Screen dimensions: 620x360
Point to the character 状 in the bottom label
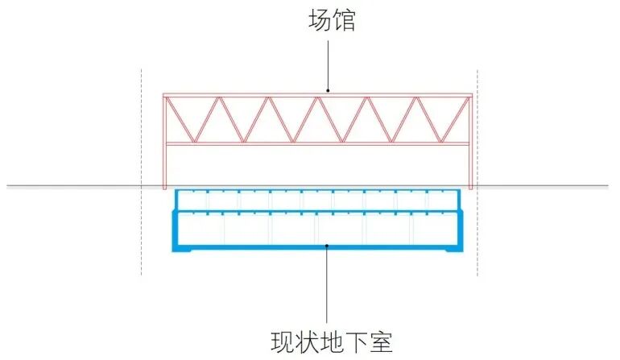point(304,341)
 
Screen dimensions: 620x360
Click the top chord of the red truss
point(242,96)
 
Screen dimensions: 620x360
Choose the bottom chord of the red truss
point(242,144)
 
